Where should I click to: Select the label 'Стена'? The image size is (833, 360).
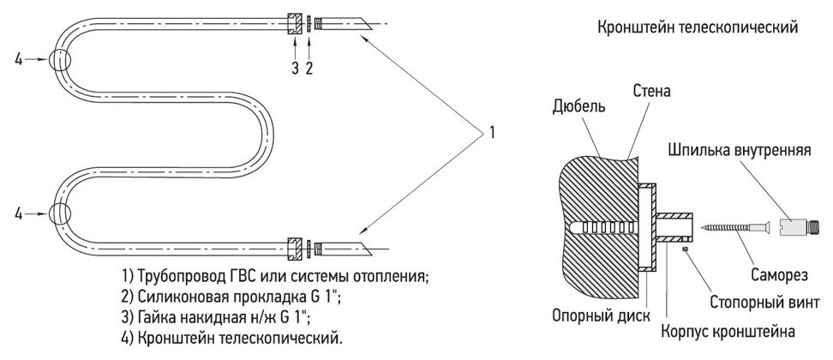pyautogui.click(x=651, y=89)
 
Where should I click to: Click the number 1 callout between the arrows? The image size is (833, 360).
pyautogui.click(x=492, y=133)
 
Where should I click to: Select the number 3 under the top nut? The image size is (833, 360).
pyautogui.click(x=294, y=69)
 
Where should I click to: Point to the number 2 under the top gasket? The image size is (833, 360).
pyautogui.click(x=309, y=69)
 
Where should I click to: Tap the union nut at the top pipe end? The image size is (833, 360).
pyautogui.click(x=294, y=22)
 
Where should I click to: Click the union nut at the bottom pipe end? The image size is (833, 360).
pyautogui.click(x=294, y=249)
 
